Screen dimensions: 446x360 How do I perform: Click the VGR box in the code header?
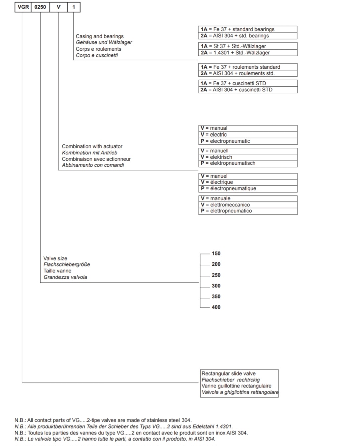tap(23, 7)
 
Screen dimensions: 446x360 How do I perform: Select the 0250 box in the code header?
tap(40, 7)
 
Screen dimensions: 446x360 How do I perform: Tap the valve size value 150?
tap(216, 254)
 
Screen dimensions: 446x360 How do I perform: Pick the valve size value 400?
tap(216, 307)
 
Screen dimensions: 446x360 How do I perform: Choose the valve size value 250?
tap(216, 275)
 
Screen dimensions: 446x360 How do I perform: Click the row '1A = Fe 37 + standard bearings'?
tap(247, 29)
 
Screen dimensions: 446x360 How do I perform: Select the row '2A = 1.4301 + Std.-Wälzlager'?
tap(247, 53)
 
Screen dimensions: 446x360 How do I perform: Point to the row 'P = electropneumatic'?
tap(247, 141)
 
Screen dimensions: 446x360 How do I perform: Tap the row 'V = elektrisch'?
tap(247, 157)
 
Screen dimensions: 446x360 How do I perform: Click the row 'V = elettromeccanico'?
tap(247, 205)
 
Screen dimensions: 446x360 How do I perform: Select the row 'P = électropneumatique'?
tap(247, 189)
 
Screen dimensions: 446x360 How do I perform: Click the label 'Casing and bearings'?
tap(100, 36)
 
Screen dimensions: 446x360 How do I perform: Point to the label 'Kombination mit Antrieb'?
tap(90, 153)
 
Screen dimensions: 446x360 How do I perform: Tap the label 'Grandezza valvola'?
tap(65, 277)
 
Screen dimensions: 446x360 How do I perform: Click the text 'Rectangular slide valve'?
tap(228, 373)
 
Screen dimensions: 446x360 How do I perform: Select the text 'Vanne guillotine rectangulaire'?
tap(236, 386)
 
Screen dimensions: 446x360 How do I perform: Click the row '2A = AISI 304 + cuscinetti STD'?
tap(247, 90)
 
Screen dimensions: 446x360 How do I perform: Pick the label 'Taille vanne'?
tap(57, 271)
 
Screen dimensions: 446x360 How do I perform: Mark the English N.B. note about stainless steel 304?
tap(103, 420)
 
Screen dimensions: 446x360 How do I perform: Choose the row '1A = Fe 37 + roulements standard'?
tap(247, 67)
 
